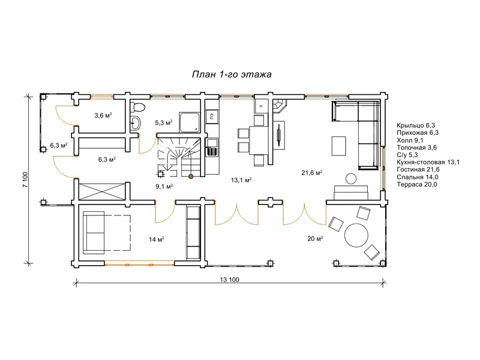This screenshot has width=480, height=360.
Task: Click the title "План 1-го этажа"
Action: [x=232, y=74]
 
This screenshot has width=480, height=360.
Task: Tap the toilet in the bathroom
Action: [x=137, y=107]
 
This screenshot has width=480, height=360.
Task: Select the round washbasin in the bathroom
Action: [x=136, y=124]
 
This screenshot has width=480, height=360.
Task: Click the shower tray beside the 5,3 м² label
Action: [x=190, y=122]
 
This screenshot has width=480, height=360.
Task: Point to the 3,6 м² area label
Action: [x=103, y=115]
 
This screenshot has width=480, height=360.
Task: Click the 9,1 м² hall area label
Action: [x=164, y=186]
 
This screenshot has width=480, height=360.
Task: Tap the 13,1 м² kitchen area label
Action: [x=241, y=180]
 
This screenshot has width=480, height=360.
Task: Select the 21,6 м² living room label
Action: [x=311, y=173]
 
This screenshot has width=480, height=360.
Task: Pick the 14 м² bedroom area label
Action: [x=157, y=239]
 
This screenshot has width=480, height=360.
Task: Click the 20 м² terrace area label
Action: [x=316, y=239]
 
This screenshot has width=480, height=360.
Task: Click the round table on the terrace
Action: [x=356, y=235]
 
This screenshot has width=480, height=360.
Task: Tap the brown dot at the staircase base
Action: [x=191, y=176]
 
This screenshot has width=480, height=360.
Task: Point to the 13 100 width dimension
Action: [x=230, y=280]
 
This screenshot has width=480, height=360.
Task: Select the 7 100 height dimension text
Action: [x=25, y=179]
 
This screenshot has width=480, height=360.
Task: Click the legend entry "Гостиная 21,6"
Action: [x=418, y=170]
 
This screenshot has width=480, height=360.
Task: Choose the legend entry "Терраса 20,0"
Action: [x=417, y=184]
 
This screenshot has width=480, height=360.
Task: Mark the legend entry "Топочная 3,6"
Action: [x=416, y=148]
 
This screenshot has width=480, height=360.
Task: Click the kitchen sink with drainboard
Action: [x=212, y=147]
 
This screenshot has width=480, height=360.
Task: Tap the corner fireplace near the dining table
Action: [x=279, y=106]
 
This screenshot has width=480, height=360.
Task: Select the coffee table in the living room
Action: [x=339, y=146]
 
